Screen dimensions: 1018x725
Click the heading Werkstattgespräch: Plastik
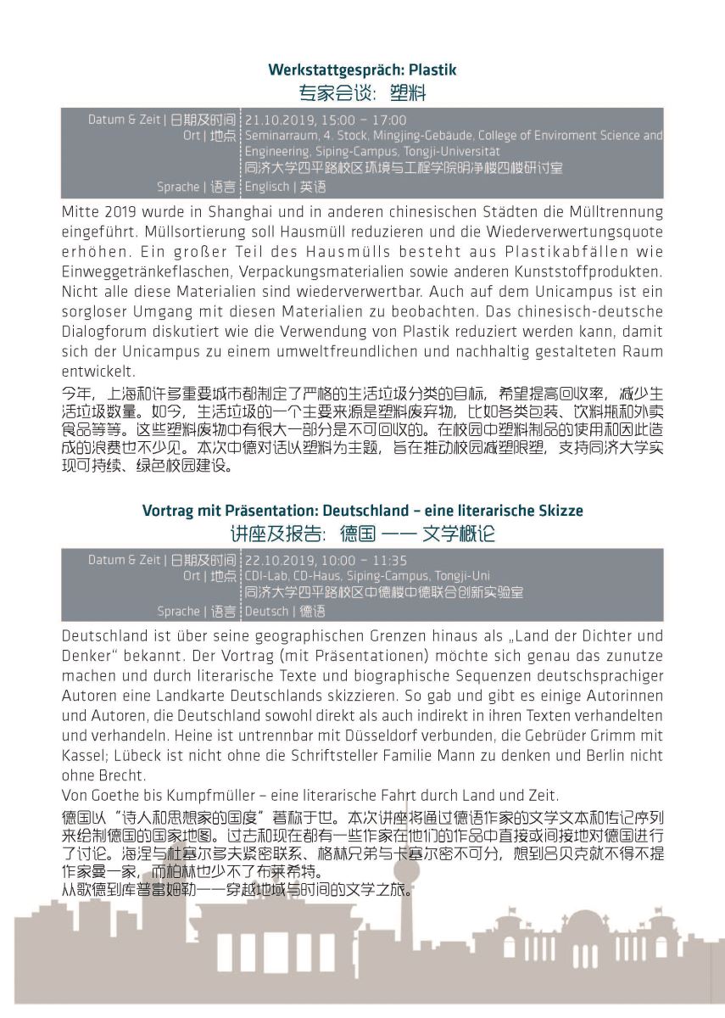pyautogui.click(x=362, y=70)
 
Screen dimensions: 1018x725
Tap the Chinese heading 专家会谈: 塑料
pyautogui.click(x=362, y=92)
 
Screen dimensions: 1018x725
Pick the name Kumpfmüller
pyautogui.click(x=199, y=796)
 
